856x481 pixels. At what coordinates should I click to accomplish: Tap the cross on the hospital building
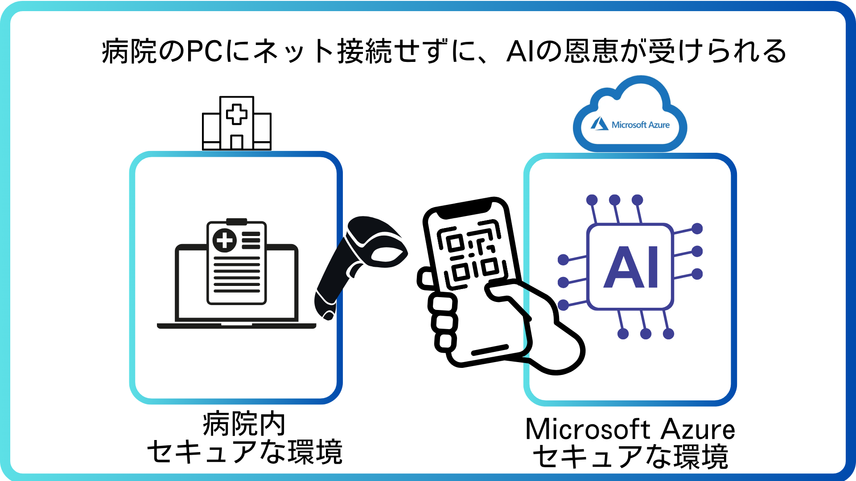(x=237, y=114)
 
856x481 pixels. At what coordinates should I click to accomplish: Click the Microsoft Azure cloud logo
(x=630, y=117)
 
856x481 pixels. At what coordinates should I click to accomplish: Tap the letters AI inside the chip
(x=630, y=267)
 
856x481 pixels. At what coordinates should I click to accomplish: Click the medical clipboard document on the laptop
(x=237, y=263)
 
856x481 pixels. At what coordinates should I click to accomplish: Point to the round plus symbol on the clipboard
(x=225, y=240)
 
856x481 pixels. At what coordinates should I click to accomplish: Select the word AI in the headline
(x=520, y=51)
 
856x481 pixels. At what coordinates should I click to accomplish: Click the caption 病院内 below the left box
(x=244, y=424)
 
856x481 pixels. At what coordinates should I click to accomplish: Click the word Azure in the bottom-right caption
(x=698, y=429)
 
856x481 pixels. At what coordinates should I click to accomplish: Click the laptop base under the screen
(x=237, y=326)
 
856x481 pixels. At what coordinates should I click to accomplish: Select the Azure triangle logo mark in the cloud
(x=600, y=124)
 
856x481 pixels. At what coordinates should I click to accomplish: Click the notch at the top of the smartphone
(x=464, y=209)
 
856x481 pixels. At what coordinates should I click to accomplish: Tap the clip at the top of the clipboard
(x=237, y=221)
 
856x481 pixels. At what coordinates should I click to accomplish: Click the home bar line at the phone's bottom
(x=490, y=350)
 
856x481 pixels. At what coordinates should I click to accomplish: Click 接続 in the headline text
(x=365, y=51)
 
